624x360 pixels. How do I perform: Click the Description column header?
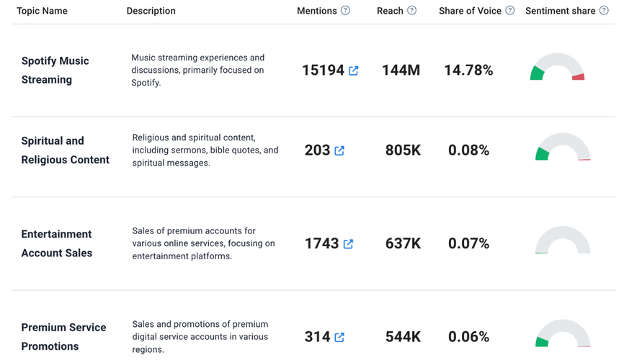click(x=151, y=11)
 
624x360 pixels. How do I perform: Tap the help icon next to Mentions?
click(x=345, y=11)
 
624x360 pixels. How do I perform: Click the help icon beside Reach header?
click(x=411, y=11)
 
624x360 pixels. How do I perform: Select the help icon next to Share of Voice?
click(x=509, y=11)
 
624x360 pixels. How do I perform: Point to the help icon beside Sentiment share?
click(x=604, y=11)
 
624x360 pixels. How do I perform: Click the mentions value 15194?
click(x=323, y=71)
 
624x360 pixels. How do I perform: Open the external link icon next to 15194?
click(x=353, y=71)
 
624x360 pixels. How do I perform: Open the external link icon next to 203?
click(x=339, y=150)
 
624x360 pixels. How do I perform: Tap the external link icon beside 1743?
click(x=348, y=244)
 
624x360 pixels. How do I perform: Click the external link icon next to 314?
click(x=339, y=337)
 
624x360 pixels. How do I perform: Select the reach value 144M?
click(x=401, y=71)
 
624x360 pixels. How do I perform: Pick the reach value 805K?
click(x=403, y=150)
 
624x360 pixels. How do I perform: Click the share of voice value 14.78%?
click(x=468, y=71)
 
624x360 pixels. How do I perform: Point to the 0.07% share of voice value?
click(x=468, y=244)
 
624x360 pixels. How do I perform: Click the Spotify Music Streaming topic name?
click(x=55, y=70)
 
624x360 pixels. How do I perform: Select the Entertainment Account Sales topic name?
click(x=57, y=243)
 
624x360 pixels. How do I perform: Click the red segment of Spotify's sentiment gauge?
click(x=578, y=76)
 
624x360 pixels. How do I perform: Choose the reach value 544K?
click(x=403, y=337)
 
